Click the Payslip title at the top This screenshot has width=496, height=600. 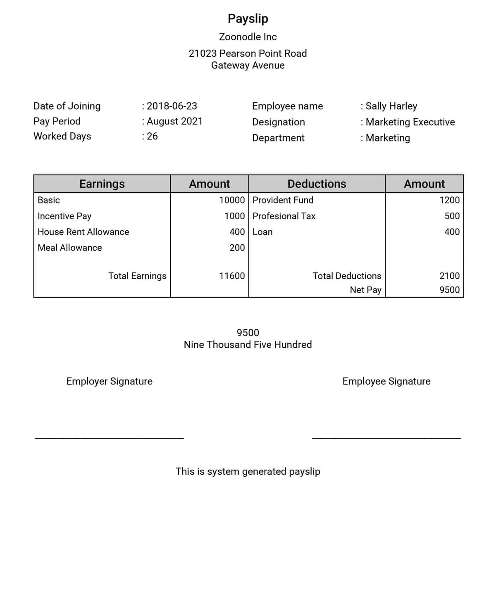248,19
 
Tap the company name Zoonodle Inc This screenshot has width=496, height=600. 248,37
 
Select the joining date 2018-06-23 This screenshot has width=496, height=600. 172,106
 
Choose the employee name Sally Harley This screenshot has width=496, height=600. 391,106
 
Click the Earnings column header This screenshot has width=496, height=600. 102,184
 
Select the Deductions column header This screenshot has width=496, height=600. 317,184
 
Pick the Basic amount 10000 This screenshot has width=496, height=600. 231,200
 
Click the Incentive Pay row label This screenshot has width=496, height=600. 64,216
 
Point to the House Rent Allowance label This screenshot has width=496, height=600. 83,232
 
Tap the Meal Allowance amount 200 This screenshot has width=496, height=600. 237,248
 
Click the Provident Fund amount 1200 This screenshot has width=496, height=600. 449,200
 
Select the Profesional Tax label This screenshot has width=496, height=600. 284,216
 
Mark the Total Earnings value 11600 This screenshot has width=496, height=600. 231,276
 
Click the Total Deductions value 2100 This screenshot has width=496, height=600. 449,276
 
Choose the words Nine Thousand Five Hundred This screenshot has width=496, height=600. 248,344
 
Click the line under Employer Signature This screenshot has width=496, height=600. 109,438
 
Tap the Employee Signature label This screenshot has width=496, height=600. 386,381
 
